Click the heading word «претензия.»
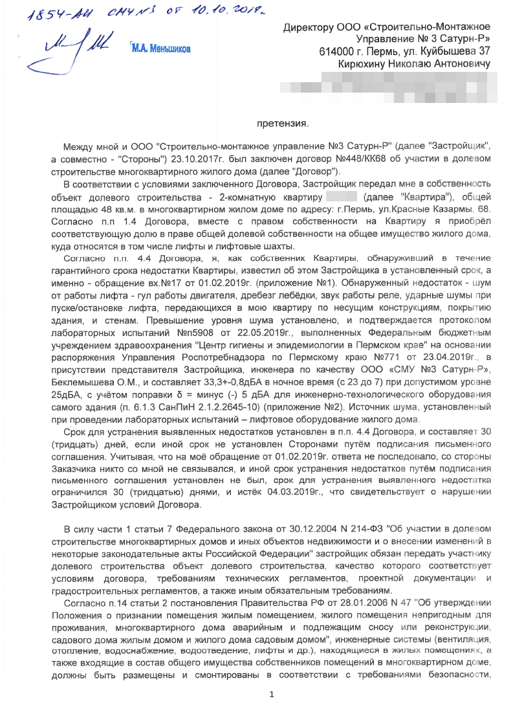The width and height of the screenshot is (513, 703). click(283, 123)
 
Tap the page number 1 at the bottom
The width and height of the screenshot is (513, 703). click(272, 695)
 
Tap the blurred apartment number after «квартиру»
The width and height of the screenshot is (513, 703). click(342, 197)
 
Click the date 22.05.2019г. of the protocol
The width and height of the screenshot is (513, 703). click(250, 332)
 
